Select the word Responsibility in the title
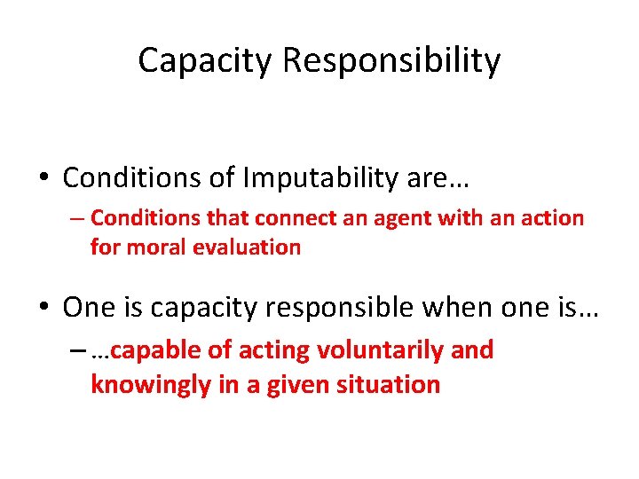[390, 61]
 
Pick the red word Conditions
[145, 218]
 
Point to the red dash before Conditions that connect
[77, 218]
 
